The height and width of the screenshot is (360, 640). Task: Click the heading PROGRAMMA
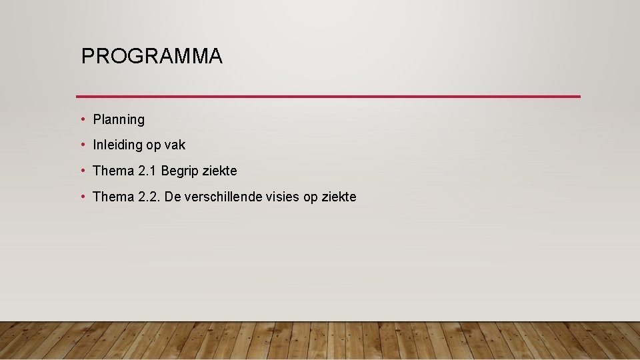151,57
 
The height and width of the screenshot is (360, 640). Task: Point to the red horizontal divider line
328,97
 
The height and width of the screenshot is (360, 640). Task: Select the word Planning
119,120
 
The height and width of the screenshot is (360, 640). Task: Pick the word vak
175,145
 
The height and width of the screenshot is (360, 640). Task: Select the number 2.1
147,171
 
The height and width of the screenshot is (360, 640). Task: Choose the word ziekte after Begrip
219,171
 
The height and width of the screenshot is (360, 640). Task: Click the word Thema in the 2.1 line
113,171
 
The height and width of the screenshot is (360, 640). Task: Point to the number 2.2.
149,197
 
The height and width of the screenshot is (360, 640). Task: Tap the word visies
285,197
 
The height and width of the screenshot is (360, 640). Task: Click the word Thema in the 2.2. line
113,197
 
